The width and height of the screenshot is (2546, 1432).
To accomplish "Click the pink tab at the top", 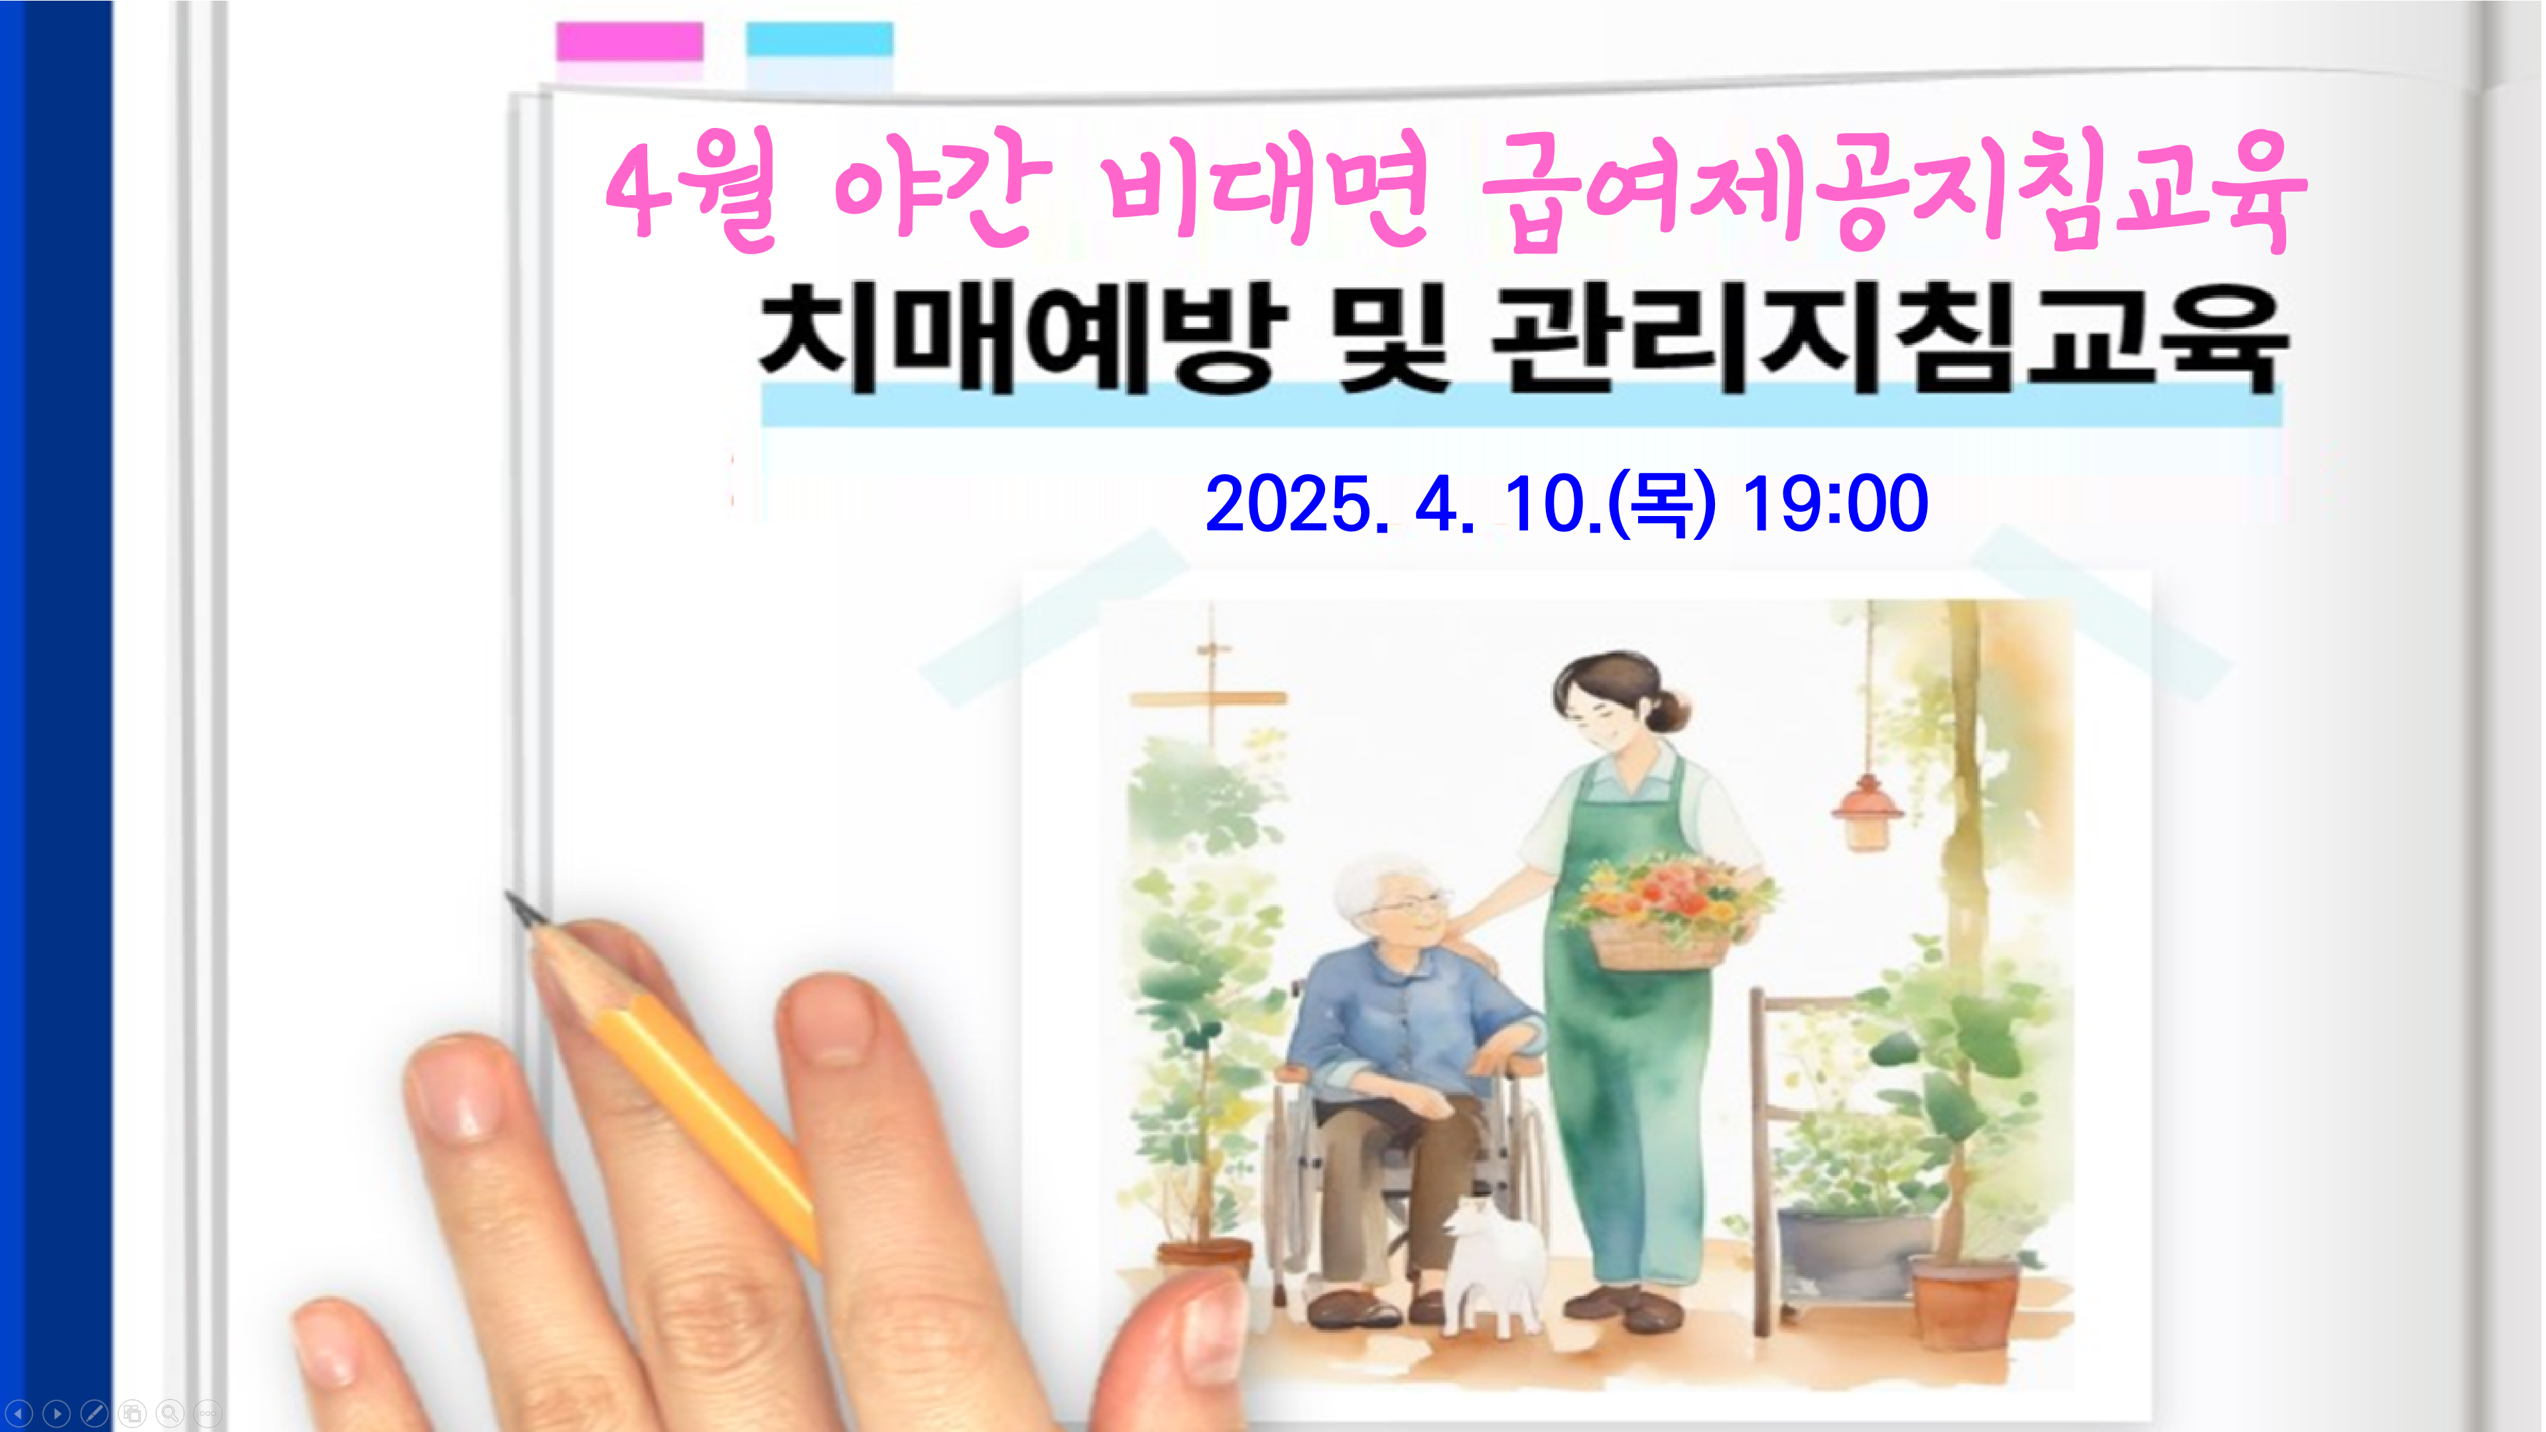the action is click(x=629, y=42).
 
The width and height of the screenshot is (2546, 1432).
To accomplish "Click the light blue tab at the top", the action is click(x=819, y=40).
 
